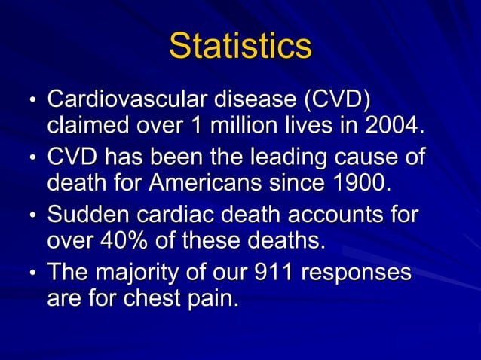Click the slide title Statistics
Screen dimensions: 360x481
pos(240,46)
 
